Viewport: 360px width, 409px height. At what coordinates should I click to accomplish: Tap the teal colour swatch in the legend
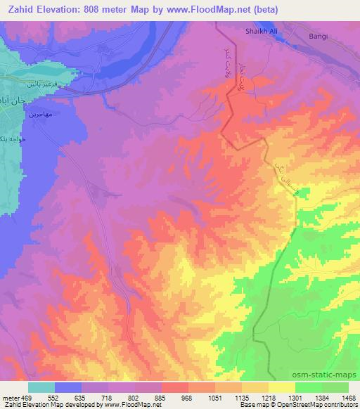coord(41,387)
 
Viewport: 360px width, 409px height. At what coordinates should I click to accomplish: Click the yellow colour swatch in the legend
coord(281,387)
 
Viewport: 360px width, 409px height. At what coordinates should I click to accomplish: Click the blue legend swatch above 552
coord(69,387)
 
